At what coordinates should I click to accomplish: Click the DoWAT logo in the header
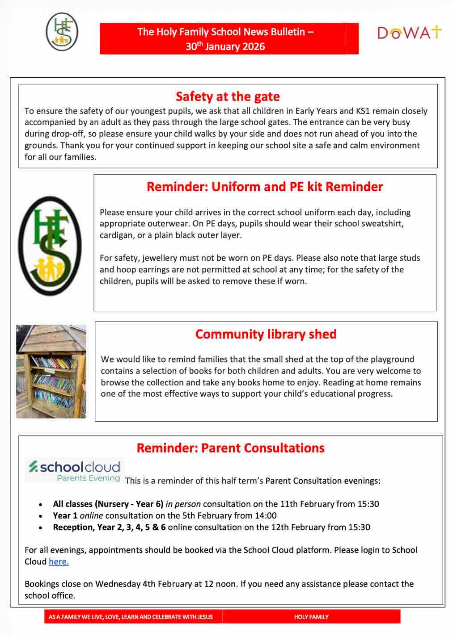pos(409,33)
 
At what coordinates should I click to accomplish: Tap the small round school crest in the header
pos(62,32)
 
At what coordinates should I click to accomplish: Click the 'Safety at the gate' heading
pos(228,96)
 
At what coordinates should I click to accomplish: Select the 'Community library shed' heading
pos(266,334)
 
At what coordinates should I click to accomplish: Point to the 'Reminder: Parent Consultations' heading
pos(230,448)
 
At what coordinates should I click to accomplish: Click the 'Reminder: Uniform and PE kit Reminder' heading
pos(265,187)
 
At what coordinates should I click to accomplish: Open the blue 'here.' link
pos(59,561)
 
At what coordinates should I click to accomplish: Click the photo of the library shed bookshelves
pos(51,372)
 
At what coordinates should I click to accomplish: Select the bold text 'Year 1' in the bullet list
pos(65,515)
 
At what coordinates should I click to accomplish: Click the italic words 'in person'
pos(183,504)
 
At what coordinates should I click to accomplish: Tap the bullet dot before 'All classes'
pos(41,504)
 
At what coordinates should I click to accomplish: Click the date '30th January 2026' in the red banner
pos(225,46)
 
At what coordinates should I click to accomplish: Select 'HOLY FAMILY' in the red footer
pos(311,617)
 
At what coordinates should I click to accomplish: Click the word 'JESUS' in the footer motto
pos(205,617)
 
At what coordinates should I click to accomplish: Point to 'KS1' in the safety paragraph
pos(362,111)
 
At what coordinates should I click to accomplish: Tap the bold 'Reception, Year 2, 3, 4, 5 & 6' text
pos(109,527)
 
